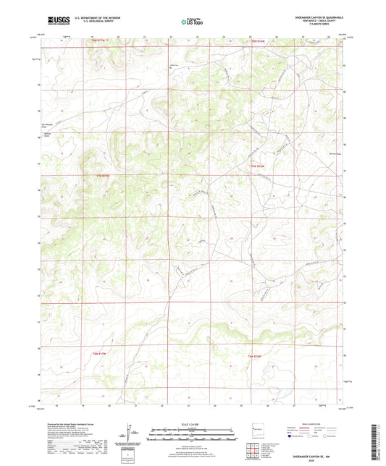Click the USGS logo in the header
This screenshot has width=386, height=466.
click(x=59, y=21)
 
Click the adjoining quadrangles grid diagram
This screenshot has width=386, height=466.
click(x=254, y=448)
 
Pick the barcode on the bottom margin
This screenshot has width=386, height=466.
click(x=376, y=442)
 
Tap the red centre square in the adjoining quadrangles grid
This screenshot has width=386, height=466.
click(x=254, y=448)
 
